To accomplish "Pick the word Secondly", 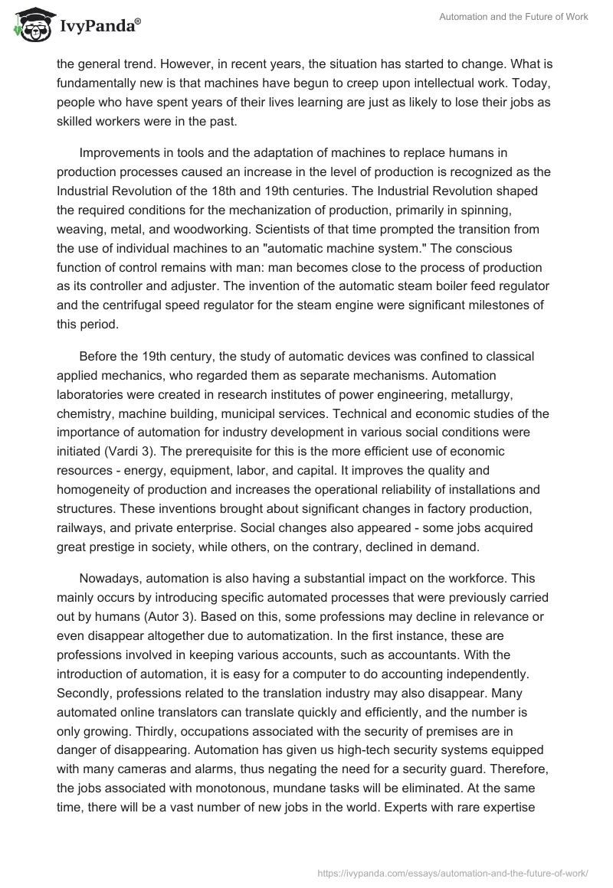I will click(x=90, y=690).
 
